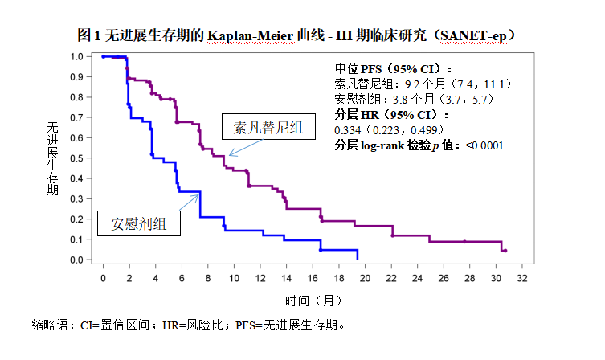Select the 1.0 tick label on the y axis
click(76, 57)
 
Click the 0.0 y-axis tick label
click(76, 260)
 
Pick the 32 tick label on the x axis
click(521, 277)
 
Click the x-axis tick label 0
click(104, 277)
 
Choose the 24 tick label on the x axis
click(417, 277)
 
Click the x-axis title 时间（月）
click(309, 301)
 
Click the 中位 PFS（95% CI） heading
click(393, 68)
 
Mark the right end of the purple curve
click(505, 251)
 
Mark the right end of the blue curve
click(357, 257)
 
